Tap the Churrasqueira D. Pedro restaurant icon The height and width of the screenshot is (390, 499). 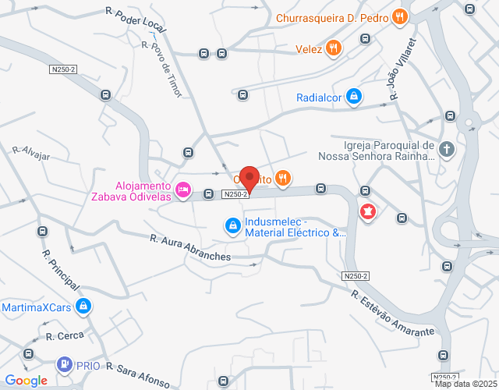click(399, 16)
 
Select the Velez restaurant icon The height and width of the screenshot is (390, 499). click(333, 48)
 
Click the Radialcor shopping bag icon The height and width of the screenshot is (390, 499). click(354, 97)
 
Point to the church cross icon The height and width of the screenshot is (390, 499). click(447, 149)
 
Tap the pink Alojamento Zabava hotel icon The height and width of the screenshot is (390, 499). click(183, 190)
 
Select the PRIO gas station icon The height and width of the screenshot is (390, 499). click(64, 364)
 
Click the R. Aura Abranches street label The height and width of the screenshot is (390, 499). click(192, 247)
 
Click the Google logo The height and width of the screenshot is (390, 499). click(27, 381)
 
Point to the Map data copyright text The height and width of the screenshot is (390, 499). click(465, 384)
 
